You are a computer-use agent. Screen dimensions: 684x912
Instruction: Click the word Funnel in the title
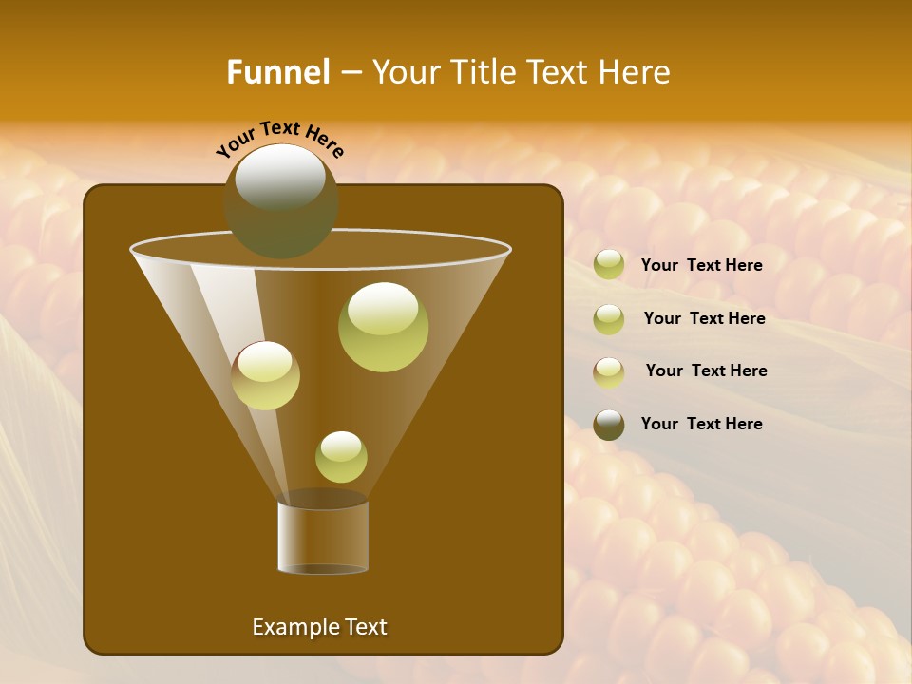coord(277,72)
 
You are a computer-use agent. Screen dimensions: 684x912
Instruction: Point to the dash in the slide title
coord(350,73)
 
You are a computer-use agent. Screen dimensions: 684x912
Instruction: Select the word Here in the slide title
coord(635,72)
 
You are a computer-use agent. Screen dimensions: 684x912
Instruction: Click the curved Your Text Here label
coord(279,138)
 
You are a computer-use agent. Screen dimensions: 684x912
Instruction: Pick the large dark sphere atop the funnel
coord(280,200)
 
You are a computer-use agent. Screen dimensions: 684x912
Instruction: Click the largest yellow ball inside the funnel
coord(383,327)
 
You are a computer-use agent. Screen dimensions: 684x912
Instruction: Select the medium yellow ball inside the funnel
coord(265,375)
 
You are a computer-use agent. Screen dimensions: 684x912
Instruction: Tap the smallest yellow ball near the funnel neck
coord(341,457)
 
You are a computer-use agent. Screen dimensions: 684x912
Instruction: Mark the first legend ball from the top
coord(609,265)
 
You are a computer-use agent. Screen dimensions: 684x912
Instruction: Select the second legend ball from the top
coord(609,319)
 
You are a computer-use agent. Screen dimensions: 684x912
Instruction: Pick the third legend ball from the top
coord(609,372)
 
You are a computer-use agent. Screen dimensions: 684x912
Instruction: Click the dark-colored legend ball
coord(609,425)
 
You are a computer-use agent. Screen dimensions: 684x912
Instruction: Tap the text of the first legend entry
coord(701,266)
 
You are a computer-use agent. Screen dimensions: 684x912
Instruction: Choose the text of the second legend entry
coord(704,319)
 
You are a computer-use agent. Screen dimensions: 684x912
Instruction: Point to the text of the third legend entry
coord(706,371)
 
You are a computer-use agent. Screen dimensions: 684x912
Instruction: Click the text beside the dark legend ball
coord(701,425)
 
